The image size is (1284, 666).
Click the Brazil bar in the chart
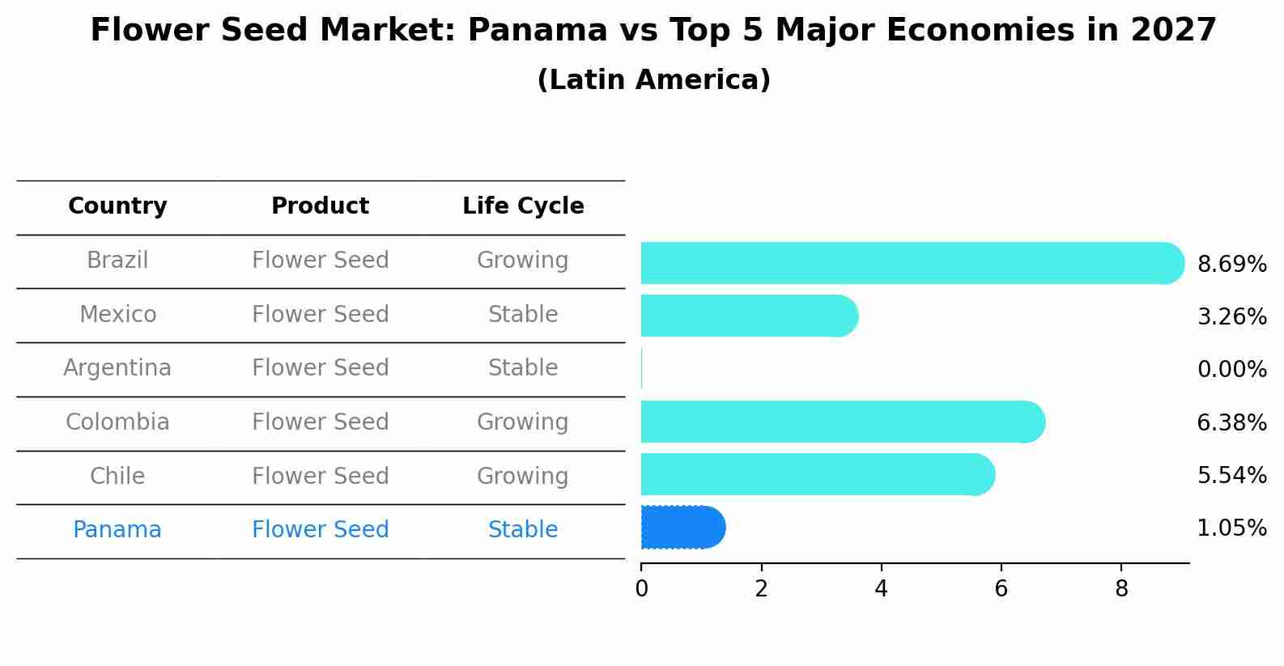point(911,263)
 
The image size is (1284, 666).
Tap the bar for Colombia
point(842,422)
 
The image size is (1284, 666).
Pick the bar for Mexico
point(749,316)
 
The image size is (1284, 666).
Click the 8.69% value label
point(1231,265)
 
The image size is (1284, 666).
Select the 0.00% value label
point(1231,370)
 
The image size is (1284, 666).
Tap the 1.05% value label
point(1231,528)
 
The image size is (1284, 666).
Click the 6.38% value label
point(1231,422)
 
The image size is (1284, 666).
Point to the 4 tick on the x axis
point(881,589)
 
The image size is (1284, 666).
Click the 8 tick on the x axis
point(1121,589)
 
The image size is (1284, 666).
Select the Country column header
point(117,206)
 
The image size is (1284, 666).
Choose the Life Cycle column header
point(523,206)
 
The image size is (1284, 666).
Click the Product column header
point(320,206)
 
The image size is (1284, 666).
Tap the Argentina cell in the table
point(117,368)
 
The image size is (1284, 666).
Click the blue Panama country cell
point(117,530)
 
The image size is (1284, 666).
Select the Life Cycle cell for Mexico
point(523,315)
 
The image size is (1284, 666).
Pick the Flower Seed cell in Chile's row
point(320,476)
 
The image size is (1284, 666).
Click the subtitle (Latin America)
point(653,80)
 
